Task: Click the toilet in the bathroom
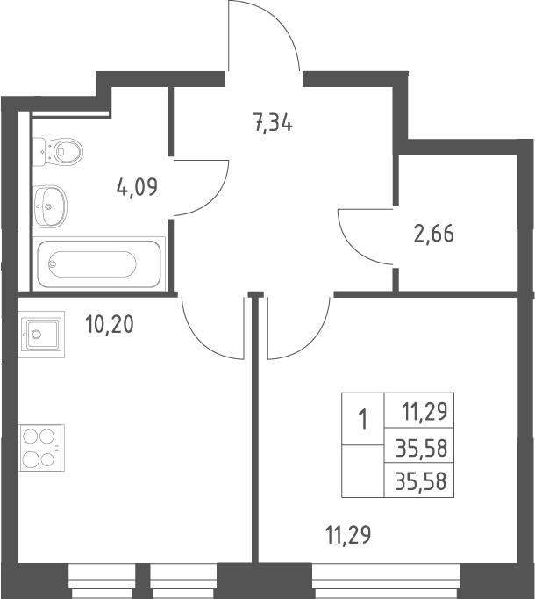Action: pos(58,152)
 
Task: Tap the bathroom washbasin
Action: pos(50,206)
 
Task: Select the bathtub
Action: pos(99,263)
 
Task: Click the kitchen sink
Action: pos(41,335)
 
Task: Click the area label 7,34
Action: pos(274,123)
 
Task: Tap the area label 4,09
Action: pos(138,187)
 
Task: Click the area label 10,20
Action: pos(110,324)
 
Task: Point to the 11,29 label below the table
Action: pos(348,534)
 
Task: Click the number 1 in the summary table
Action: pos(363,420)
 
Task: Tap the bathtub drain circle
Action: pos(53,263)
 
